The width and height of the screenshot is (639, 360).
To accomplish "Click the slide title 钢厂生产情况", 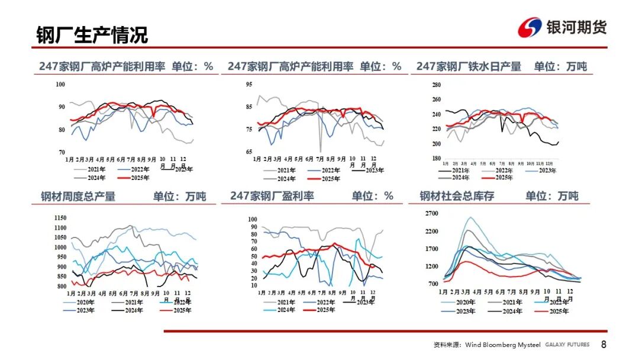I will pyautogui.click(x=92, y=35).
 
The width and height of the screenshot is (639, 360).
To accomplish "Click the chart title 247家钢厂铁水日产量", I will pyautogui.click(x=469, y=66).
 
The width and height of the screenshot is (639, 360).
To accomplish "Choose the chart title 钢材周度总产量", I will pyautogui.click(x=78, y=196).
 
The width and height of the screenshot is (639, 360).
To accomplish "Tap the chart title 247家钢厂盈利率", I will pyautogui.click(x=272, y=196).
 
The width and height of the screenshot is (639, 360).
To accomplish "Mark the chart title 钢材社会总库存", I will pyautogui.click(x=457, y=196).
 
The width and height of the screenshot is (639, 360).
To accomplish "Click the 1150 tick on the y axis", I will pyautogui.click(x=60, y=218).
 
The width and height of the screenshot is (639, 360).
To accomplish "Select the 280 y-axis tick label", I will pyautogui.click(x=436, y=85).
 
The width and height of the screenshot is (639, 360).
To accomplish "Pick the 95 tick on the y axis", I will pyautogui.click(x=249, y=85).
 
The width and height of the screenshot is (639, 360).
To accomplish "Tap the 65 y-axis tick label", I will pyautogui.click(x=249, y=152).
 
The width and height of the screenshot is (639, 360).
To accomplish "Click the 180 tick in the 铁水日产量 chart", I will pyautogui.click(x=436, y=158).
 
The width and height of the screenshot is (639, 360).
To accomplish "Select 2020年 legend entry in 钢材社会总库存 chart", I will pyautogui.click(x=464, y=302).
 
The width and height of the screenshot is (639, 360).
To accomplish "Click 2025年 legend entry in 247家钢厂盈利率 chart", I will pyautogui.click(x=322, y=310).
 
